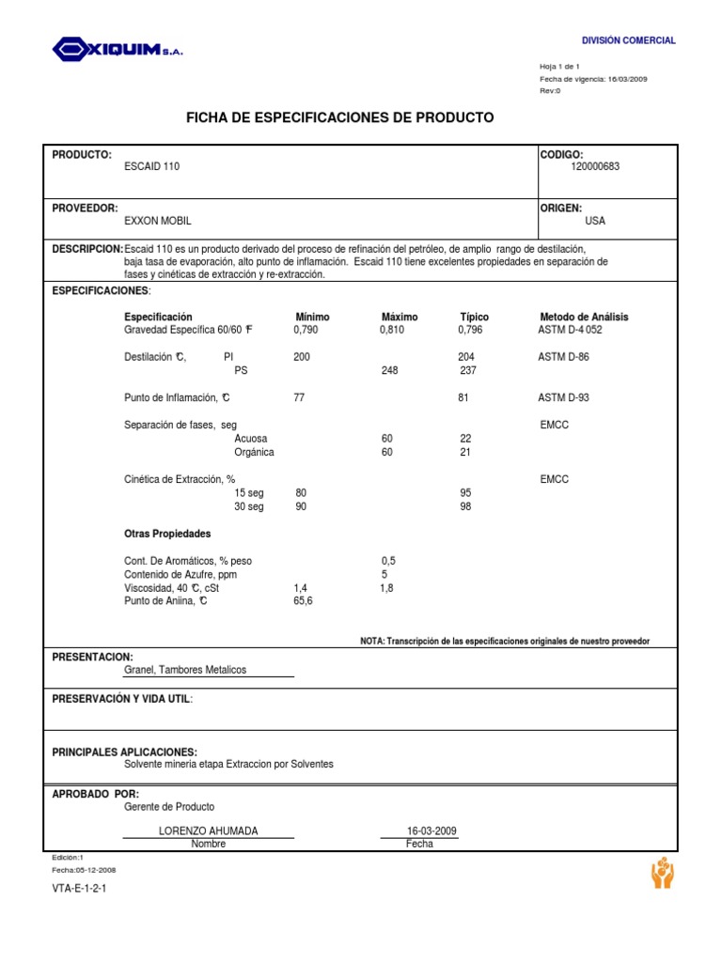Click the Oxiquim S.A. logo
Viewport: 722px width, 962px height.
coord(118,49)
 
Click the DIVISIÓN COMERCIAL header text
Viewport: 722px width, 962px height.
coord(628,40)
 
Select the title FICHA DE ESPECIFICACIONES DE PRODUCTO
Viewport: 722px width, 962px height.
coord(340,117)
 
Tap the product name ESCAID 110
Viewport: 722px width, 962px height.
coord(151,166)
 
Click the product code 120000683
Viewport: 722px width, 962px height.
coord(595,166)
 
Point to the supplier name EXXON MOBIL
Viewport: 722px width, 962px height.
coord(158,221)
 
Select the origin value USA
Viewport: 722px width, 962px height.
coord(595,221)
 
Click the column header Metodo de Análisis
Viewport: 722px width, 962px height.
coord(584,317)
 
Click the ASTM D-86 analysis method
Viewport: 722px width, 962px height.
coord(564,357)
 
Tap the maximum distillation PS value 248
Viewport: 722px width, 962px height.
coord(389,370)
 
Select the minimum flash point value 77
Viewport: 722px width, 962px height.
coord(300,397)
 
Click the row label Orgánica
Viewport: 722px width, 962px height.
coord(254,452)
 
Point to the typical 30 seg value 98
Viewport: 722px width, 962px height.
coord(465,506)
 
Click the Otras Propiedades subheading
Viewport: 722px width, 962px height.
coord(167,534)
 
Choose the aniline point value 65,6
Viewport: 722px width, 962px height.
coord(303,601)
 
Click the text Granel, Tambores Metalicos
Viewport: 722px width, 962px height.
coord(185,670)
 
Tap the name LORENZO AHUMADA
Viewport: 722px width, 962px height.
coord(209,831)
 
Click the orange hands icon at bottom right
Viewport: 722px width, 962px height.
coord(662,873)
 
